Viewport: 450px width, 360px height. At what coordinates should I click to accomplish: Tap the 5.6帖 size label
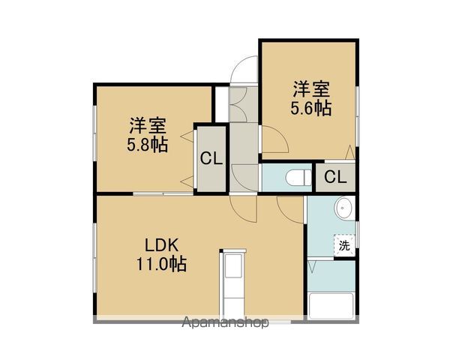(311, 107)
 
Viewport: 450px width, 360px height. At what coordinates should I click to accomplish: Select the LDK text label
(161, 245)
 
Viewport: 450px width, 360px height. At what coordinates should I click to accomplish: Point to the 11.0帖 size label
(161, 264)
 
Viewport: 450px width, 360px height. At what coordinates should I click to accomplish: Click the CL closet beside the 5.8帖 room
(210, 159)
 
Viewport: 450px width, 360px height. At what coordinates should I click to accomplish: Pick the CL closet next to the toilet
(335, 177)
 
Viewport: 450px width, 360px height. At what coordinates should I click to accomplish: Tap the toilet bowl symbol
(298, 178)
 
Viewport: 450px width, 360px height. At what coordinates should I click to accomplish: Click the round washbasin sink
(344, 208)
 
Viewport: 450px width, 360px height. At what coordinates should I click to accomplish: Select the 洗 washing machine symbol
(344, 245)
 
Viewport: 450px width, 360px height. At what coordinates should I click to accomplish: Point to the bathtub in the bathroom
(330, 305)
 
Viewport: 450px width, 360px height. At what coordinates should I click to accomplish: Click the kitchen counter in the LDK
(232, 285)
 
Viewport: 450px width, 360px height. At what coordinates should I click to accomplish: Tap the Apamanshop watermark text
(225, 324)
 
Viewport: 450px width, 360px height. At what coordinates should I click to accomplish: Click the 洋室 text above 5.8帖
(148, 124)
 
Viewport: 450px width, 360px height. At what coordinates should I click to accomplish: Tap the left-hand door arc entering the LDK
(241, 207)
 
